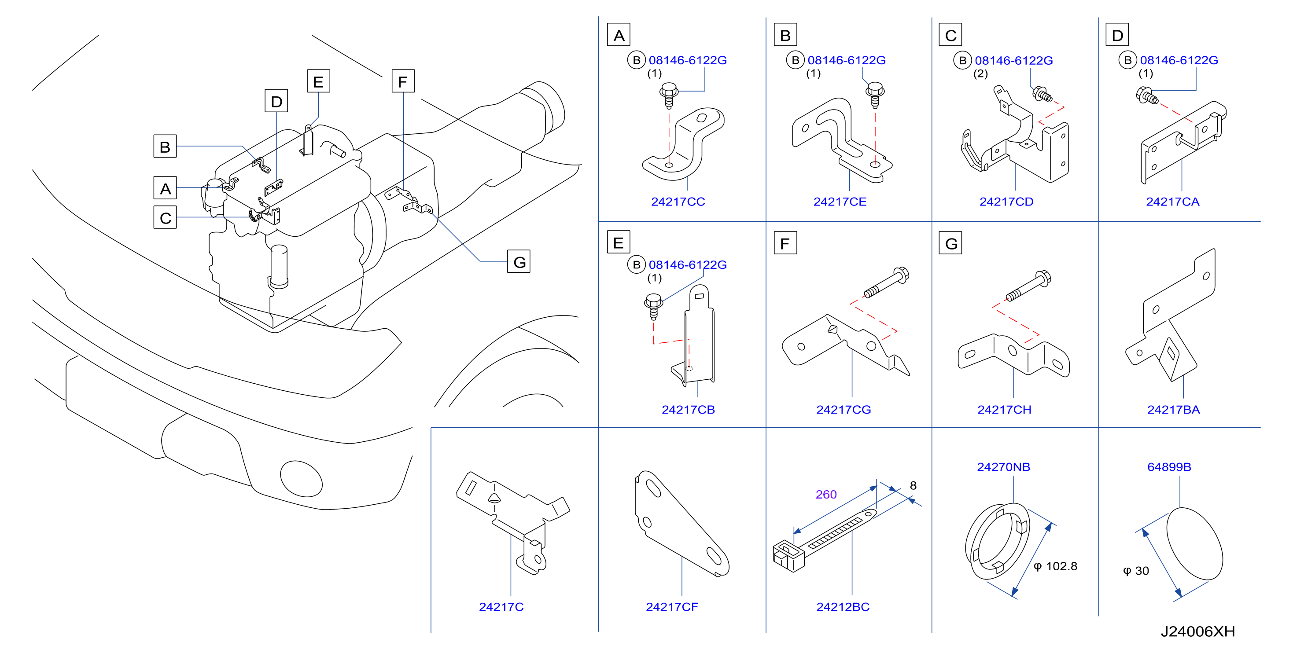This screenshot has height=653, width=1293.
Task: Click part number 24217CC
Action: pos(678,202)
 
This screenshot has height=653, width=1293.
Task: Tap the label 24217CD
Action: pos(1006,202)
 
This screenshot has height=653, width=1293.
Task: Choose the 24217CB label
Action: pos(688,410)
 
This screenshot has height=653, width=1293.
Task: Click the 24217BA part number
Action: pos(1173,410)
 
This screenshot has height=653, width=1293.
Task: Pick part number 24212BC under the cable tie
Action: pos(843,607)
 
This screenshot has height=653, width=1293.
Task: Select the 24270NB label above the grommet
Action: pos(1003,467)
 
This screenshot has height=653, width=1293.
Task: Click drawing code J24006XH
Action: pos(1197,631)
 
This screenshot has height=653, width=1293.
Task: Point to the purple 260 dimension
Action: pos(826,495)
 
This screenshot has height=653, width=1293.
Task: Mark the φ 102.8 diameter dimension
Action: pos(1055,566)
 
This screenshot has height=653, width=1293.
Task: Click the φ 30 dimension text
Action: pos(1136,571)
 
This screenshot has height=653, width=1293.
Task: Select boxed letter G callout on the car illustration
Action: pos(519,261)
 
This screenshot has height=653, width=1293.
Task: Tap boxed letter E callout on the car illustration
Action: pos(318,81)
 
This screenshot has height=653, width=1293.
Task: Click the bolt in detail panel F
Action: pos(886,282)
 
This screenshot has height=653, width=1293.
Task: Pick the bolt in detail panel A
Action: pos(669,96)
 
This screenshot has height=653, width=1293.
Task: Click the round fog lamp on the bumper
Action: pos(301,479)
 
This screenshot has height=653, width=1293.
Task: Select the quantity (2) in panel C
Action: pos(980,74)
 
